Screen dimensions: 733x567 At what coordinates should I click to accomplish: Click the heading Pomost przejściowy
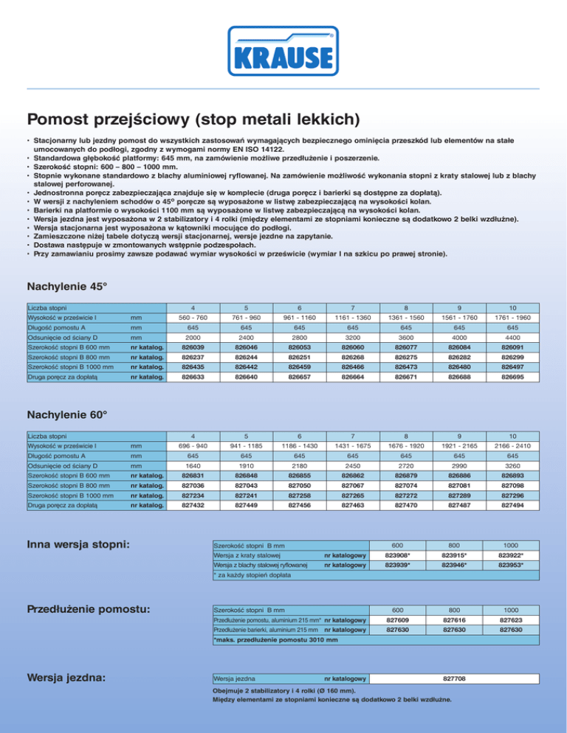193,118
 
